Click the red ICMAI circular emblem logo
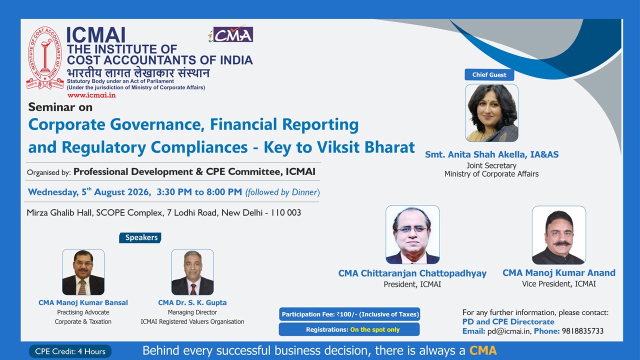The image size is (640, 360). (x=45, y=57)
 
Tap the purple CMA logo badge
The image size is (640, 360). (x=231, y=34)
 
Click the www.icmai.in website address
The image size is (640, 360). (x=91, y=95)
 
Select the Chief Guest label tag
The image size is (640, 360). (x=489, y=74)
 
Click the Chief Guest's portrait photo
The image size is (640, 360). (x=491, y=113)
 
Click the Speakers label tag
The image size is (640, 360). (x=140, y=237)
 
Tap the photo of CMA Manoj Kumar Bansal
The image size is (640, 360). (x=83, y=272)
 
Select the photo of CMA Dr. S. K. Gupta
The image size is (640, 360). (x=192, y=272)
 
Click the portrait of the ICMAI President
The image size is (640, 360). (x=412, y=234)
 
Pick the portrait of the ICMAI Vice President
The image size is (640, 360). (x=559, y=235)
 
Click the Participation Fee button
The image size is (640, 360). (x=349, y=314)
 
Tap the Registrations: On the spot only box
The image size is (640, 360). (x=349, y=329)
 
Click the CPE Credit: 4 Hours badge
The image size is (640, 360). (x=70, y=351)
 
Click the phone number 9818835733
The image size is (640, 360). (x=583, y=331)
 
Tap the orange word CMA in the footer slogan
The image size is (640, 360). (x=483, y=350)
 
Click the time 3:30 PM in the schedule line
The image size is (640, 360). (x=174, y=192)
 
